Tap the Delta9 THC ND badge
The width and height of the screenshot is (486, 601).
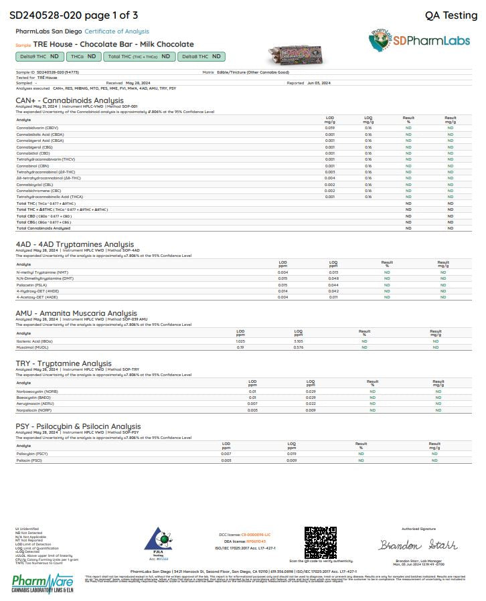pos(41,57)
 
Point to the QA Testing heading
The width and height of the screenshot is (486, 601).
pos(451,15)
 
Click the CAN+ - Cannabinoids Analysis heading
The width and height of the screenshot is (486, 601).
pos(70,100)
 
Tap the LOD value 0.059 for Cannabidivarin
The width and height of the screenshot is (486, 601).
pos(330,127)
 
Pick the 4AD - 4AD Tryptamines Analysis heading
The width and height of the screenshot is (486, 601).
pos(74,244)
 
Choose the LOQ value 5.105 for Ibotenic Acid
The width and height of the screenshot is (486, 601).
pos(299,341)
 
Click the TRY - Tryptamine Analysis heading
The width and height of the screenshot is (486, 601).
pos(64,363)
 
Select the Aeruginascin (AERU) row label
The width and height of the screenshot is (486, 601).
pos(35,404)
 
